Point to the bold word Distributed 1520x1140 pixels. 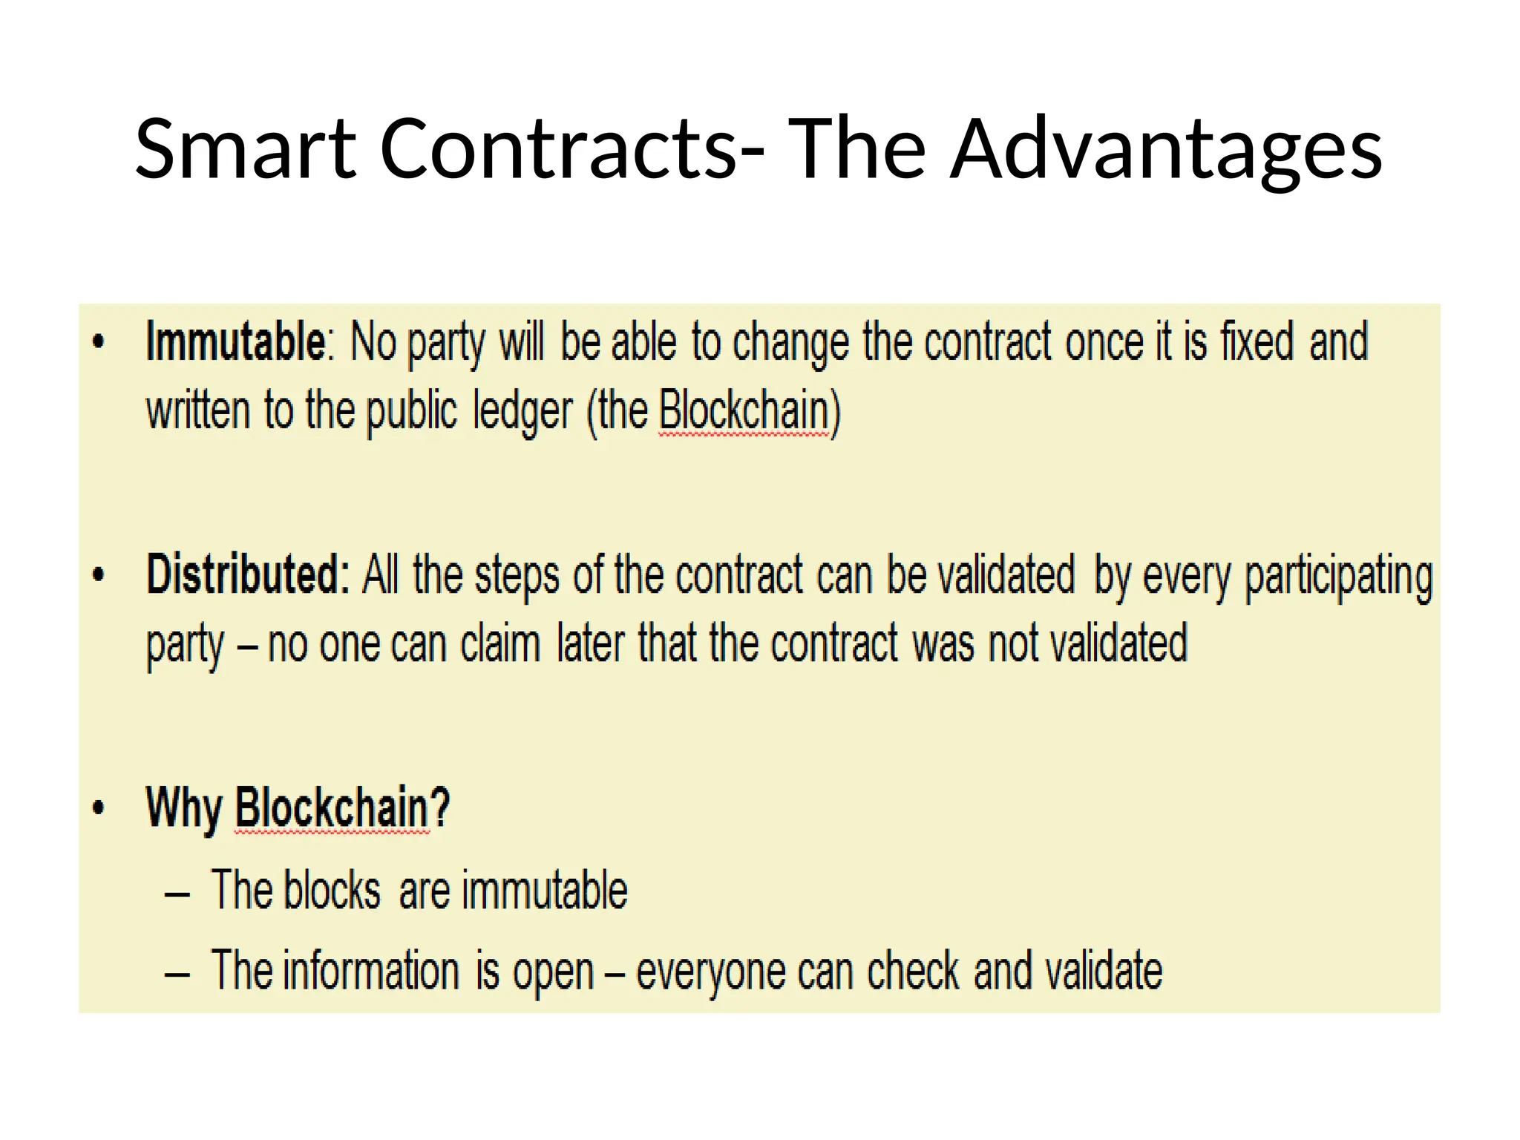(x=248, y=575)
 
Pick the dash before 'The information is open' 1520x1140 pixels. (x=177, y=974)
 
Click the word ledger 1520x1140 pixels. (x=523, y=412)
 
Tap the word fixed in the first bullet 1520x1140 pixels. (x=1257, y=342)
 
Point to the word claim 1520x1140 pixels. (x=500, y=643)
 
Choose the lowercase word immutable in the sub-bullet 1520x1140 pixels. (x=544, y=891)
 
